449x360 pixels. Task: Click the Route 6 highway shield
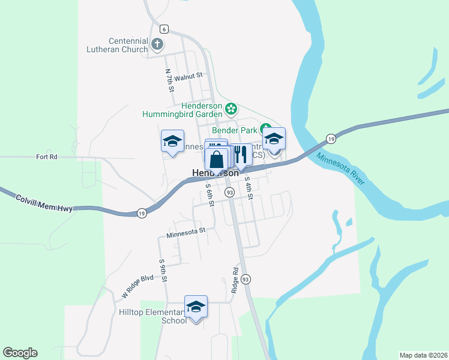163,29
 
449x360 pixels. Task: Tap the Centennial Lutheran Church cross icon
157,44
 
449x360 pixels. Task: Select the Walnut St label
190,76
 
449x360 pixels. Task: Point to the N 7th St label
170,80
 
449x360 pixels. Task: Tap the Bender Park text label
234,130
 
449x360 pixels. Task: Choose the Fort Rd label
46,157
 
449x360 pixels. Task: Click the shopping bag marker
217,160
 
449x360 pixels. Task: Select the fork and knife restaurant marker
241,155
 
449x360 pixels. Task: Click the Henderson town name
214,173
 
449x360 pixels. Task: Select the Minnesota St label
186,230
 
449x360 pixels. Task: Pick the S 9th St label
162,270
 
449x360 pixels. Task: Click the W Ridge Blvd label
137,287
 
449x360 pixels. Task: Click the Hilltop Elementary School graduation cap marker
196,307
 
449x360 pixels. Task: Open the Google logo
20,352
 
